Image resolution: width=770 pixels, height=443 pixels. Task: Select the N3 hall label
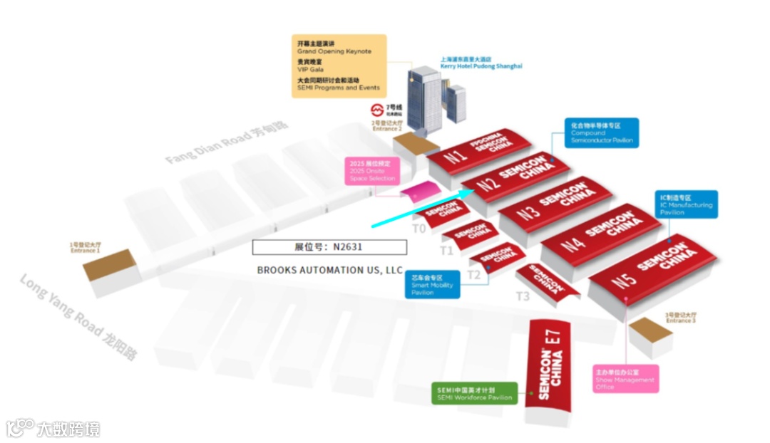click(x=528, y=213)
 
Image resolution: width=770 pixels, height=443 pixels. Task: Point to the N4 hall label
click(x=573, y=244)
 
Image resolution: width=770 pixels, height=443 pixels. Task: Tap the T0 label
click(x=419, y=229)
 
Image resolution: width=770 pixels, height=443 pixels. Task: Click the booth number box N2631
click(x=329, y=247)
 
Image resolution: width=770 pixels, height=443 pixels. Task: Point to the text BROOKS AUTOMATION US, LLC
click(x=329, y=271)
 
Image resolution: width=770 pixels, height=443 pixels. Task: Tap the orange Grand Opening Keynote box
click(x=339, y=66)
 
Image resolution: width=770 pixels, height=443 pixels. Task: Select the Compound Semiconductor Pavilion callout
click(x=601, y=132)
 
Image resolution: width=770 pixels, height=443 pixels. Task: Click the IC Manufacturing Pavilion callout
click(x=687, y=204)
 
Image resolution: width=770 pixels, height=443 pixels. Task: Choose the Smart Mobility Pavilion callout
click(x=432, y=284)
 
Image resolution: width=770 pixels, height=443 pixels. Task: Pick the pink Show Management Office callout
click(x=625, y=379)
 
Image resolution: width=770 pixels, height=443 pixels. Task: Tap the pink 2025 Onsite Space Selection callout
click(x=372, y=170)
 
